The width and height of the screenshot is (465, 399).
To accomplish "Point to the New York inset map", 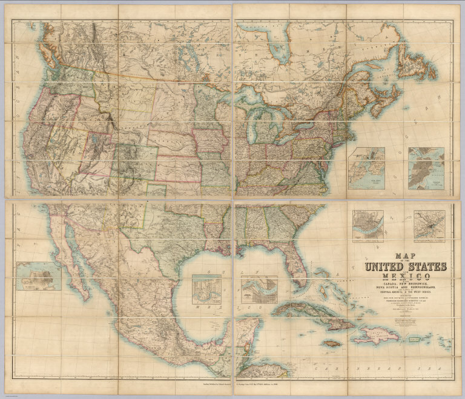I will [x=369, y=164].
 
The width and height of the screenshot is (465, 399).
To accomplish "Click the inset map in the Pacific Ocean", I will [x=39, y=276].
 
